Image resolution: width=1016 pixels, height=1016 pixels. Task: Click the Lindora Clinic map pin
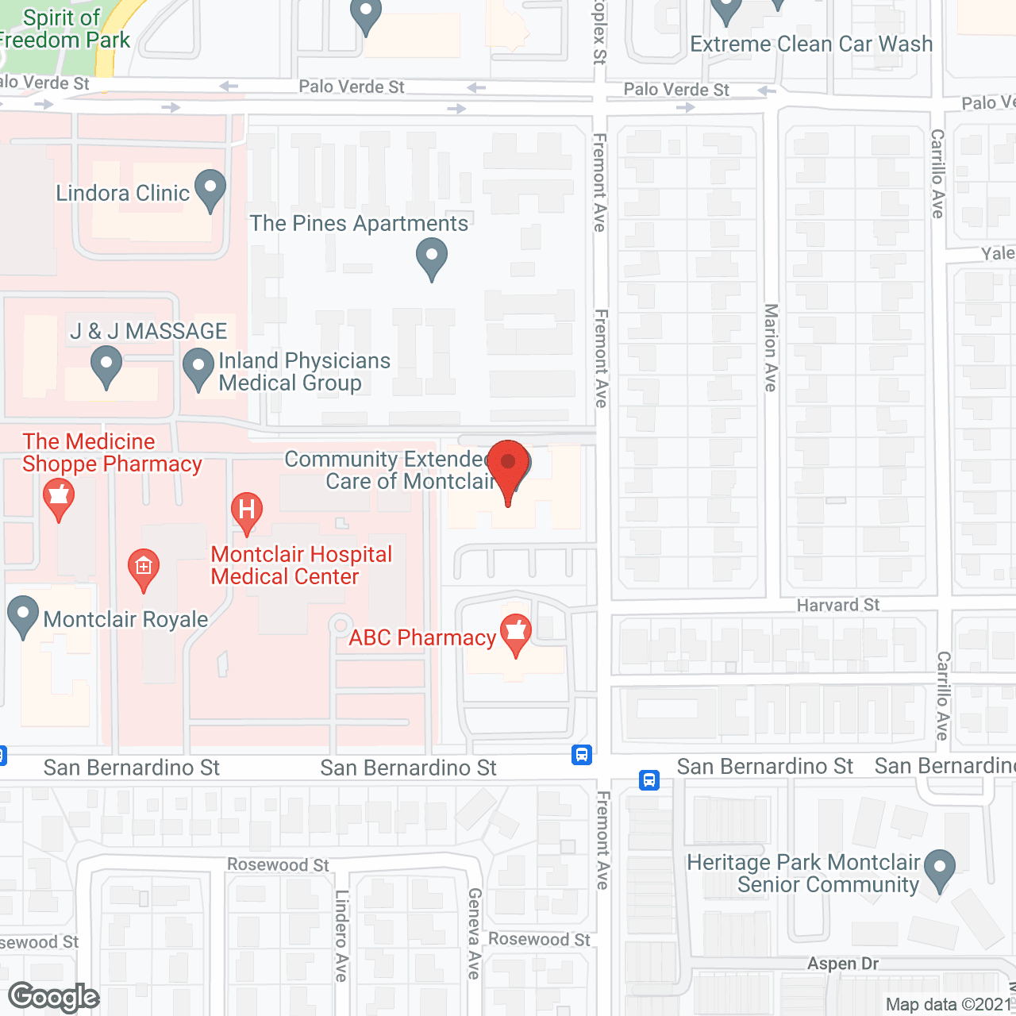coord(210,190)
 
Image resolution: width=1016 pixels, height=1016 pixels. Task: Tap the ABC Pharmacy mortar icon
coord(516,633)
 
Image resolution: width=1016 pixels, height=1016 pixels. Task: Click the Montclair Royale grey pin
coord(22,615)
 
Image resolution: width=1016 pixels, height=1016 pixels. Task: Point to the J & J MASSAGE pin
coord(106,367)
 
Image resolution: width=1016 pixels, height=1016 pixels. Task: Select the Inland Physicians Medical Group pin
coord(198,368)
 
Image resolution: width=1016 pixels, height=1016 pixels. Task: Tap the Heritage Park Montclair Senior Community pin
coord(941,869)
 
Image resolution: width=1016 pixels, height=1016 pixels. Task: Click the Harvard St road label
coord(838,605)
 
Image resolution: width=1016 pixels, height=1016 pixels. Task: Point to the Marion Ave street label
coord(771,347)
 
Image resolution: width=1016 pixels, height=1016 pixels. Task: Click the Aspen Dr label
coord(843,964)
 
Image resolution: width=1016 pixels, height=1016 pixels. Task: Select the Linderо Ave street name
coord(342,935)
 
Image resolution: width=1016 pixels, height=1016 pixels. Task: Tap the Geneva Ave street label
coord(475,933)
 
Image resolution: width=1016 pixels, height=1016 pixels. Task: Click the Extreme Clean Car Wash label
coord(811,44)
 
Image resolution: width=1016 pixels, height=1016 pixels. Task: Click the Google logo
coord(54,997)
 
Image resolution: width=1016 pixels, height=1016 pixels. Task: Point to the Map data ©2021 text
coord(949,1005)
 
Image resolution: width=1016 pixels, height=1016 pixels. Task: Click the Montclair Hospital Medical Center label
coord(302,565)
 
